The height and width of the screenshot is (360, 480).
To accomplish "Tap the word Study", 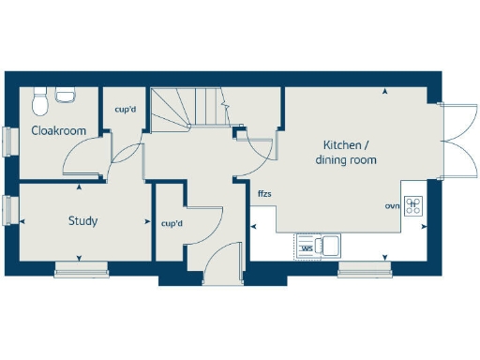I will pos(83,221).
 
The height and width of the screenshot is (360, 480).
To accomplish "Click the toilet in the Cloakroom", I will pos(39,96).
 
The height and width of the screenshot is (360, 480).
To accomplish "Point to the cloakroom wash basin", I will pos(66,94).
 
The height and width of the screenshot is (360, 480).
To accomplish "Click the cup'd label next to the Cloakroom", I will pos(126,110).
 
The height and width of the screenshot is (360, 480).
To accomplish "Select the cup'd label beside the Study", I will pos(172,224).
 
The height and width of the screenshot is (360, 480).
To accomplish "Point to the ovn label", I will pos(392,205).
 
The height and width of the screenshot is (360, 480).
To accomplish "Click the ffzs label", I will pos(264,194).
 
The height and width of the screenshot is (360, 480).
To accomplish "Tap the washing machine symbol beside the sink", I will pos(306,247).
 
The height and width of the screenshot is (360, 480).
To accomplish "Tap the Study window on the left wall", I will pos(8,209).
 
